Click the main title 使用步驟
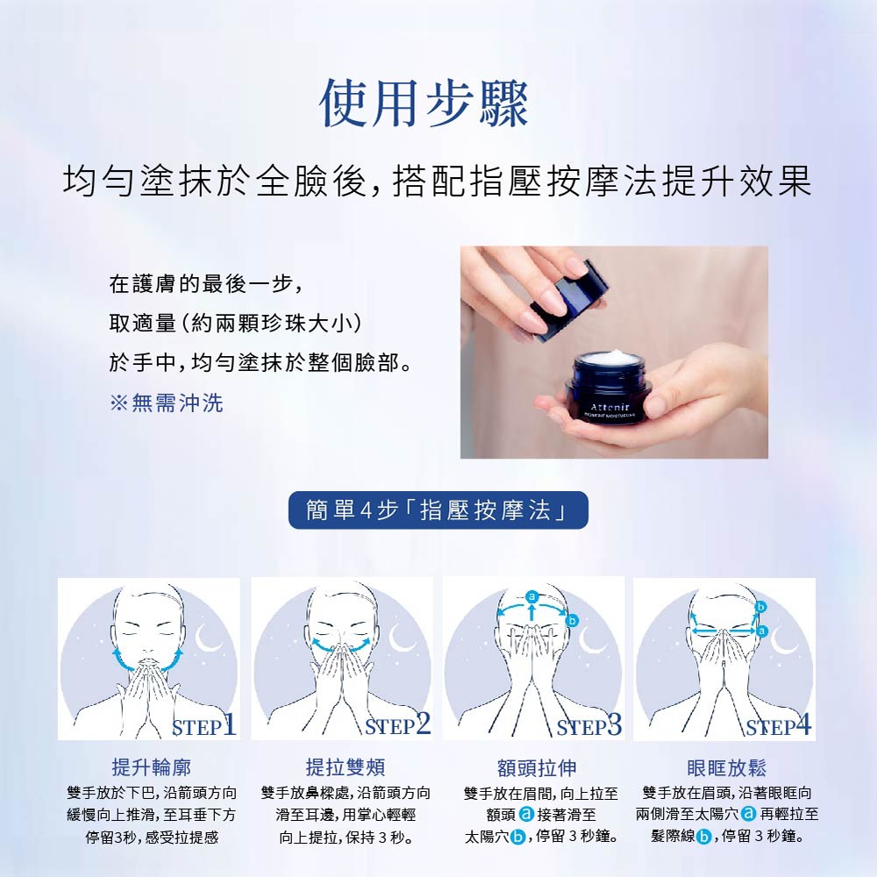click(424, 103)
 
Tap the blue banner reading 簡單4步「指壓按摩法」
click(438, 510)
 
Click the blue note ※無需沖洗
click(167, 403)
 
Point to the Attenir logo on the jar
click(610, 407)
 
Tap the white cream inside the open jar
click(610, 358)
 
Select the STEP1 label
click(203, 725)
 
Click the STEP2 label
click(397, 725)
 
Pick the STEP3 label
click(589, 725)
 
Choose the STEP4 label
click(779, 725)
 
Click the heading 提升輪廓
click(151, 766)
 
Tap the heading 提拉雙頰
click(345, 766)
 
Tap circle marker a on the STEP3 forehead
click(532, 596)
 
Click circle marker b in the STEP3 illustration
click(572, 621)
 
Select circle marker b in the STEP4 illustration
click(760, 607)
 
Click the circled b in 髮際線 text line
click(704, 837)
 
